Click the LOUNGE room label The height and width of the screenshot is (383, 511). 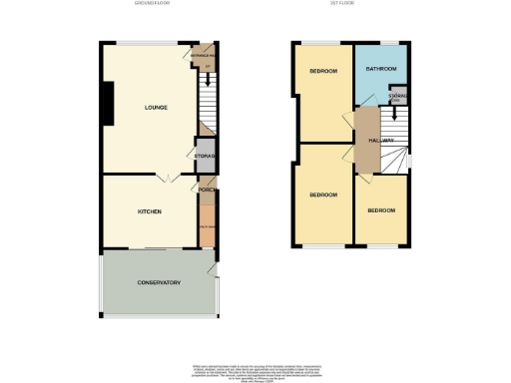pos(155,107)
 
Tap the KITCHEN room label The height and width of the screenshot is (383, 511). pos(150,211)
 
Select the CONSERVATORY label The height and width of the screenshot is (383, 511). pos(158,283)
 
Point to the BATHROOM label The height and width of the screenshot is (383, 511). pos(381,69)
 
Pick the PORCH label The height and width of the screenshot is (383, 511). pos(207,191)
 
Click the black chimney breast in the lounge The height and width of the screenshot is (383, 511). pos(105,103)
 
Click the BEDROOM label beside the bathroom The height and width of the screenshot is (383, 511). pos(322,72)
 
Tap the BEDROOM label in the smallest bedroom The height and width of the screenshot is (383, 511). pos(380,210)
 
